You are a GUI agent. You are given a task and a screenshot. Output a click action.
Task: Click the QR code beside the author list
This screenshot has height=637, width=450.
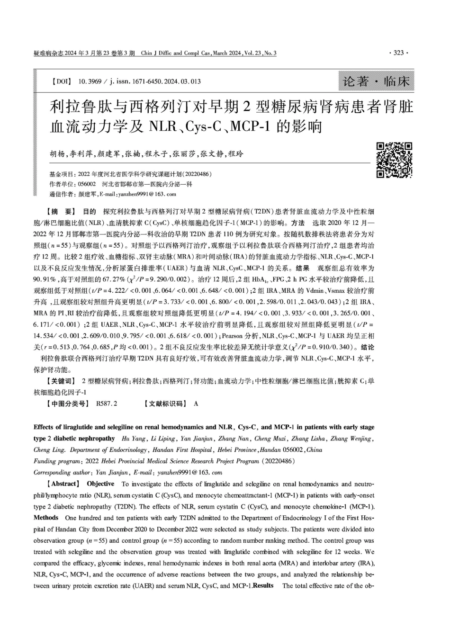394,160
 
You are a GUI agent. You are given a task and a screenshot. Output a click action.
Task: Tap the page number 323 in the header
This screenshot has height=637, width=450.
398,53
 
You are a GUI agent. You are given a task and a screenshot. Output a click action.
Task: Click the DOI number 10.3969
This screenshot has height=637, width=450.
89,81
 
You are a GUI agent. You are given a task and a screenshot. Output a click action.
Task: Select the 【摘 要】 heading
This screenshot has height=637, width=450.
58,211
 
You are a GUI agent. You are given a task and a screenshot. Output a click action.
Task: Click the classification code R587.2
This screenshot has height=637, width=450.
107,404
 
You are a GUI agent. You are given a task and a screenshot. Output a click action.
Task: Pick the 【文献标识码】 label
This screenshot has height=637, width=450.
166,404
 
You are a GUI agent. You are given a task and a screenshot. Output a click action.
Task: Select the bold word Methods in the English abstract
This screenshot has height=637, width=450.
46,518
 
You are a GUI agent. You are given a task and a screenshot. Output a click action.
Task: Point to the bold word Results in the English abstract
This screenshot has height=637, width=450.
263,586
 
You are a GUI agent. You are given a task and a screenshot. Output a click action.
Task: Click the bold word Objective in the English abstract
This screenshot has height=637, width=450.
100,484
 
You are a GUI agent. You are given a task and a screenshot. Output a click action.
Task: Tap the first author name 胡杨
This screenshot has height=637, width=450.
56,154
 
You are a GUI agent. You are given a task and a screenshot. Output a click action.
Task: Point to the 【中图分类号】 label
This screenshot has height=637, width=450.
67,404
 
